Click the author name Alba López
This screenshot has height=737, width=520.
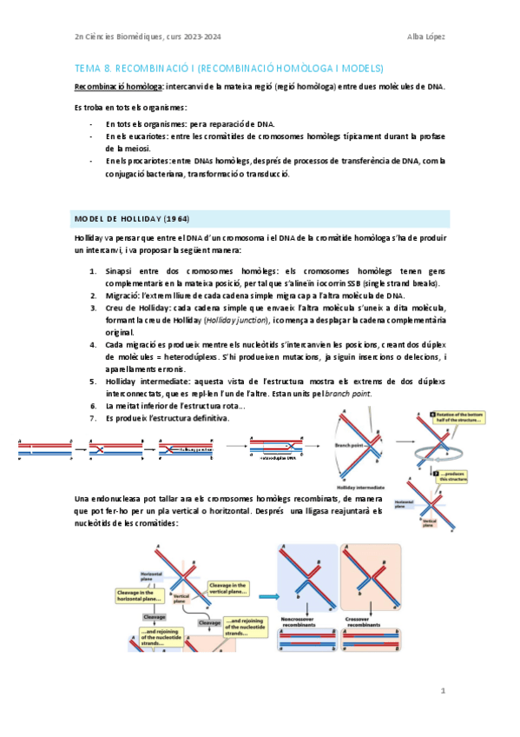coord(426,37)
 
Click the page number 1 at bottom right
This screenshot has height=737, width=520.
coord(443,691)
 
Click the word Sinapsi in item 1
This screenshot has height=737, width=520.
coord(119,272)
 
